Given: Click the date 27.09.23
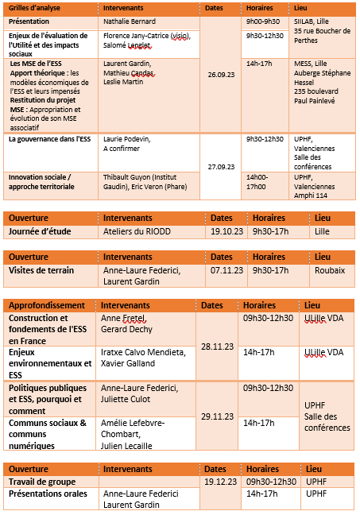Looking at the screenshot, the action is (219, 167).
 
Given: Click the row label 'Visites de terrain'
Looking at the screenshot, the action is (41, 270).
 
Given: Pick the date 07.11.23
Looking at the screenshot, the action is (227, 270).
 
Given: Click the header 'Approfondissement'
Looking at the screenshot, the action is (47, 305).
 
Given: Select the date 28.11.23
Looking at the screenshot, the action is (217, 347).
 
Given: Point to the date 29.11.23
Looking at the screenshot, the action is (217, 416).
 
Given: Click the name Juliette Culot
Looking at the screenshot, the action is (126, 400).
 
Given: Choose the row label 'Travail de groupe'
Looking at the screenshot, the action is (42, 482).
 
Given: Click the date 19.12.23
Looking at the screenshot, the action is (220, 482).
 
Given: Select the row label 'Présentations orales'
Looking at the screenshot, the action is (47, 494).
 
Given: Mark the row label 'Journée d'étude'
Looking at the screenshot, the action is (40, 232).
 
